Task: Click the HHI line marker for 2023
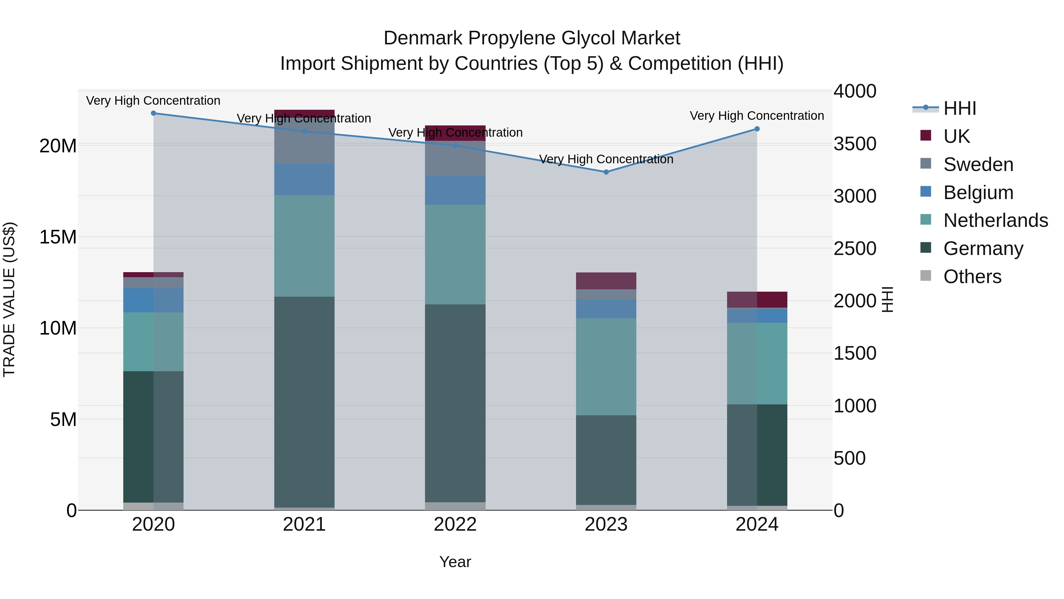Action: pyautogui.click(x=606, y=172)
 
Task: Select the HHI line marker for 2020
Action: pyautogui.click(x=153, y=113)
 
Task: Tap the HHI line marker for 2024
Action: pyautogui.click(x=757, y=129)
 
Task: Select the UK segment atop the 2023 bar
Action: pyautogui.click(x=606, y=281)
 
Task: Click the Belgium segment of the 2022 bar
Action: pyautogui.click(x=455, y=190)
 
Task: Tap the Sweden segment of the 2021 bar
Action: pyautogui.click(x=304, y=141)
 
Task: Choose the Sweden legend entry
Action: pyautogui.click(x=978, y=164)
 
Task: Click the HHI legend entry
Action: pyautogui.click(x=959, y=108)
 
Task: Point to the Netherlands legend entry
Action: pyautogui.click(x=995, y=220)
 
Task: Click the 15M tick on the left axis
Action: pyautogui.click(x=58, y=237)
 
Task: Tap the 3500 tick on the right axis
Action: pyautogui.click(x=854, y=144)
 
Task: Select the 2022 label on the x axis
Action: pyautogui.click(x=455, y=524)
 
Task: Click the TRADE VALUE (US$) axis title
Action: pyautogui.click(x=9, y=299)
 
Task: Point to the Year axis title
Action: pyautogui.click(x=455, y=562)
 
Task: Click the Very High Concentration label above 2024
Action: pyautogui.click(x=757, y=116)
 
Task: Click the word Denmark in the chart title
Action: pyautogui.click(x=423, y=38)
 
